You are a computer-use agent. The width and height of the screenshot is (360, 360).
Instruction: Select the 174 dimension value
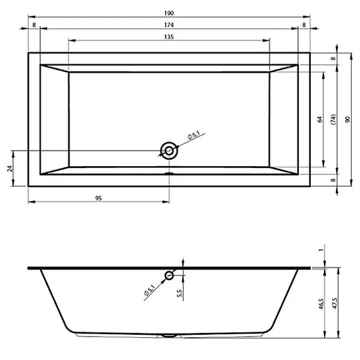pyautogui.click(x=169, y=25)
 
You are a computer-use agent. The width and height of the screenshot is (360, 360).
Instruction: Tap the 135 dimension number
pyautogui.click(x=169, y=37)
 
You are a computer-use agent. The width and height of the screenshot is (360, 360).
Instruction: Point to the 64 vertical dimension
pyautogui.click(x=320, y=119)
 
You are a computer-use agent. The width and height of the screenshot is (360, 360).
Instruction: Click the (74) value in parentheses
pyautogui.click(x=333, y=119)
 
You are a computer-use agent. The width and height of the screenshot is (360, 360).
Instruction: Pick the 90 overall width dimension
pyautogui.click(x=347, y=119)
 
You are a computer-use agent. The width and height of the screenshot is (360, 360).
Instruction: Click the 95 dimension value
pyautogui.click(x=99, y=198)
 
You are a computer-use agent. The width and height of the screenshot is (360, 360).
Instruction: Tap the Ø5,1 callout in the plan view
pyautogui.click(x=193, y=135)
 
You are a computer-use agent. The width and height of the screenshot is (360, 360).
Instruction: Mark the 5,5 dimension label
pyautogui.click(x=180, y=294)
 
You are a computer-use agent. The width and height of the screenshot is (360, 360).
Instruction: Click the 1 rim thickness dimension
pyautogui.click(x=322, y=250)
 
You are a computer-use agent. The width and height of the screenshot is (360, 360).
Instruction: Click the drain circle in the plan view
pyautogui.click(x=169, y=150)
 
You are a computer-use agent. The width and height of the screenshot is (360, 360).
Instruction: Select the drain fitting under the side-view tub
pyautogui.click(x=169, y=335)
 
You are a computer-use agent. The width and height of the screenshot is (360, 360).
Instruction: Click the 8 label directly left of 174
pyautogui.click(x=34, y=25)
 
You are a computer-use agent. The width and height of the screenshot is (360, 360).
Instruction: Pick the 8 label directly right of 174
pyautogui.click(x=304, y=25)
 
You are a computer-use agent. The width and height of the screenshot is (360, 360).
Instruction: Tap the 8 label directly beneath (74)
pyautogui.click(x=333, y=179)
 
